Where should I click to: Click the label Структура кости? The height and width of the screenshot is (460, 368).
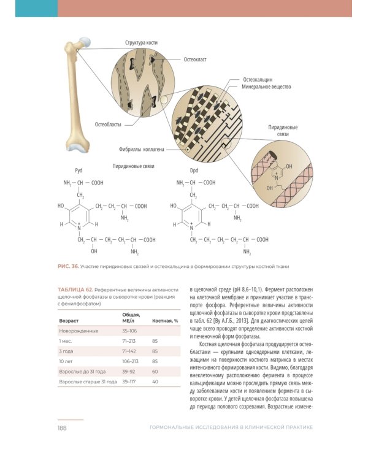[141, 43]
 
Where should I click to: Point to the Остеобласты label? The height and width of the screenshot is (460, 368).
[108, 124]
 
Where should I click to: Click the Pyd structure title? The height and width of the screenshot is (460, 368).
[78, 171]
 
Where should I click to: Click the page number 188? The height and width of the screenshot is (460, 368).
[62, 427]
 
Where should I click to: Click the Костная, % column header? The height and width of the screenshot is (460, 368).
[165, 320]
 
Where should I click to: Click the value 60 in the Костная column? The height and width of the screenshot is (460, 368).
[155, 372]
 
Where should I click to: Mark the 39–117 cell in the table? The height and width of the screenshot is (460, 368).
[129, 382]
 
